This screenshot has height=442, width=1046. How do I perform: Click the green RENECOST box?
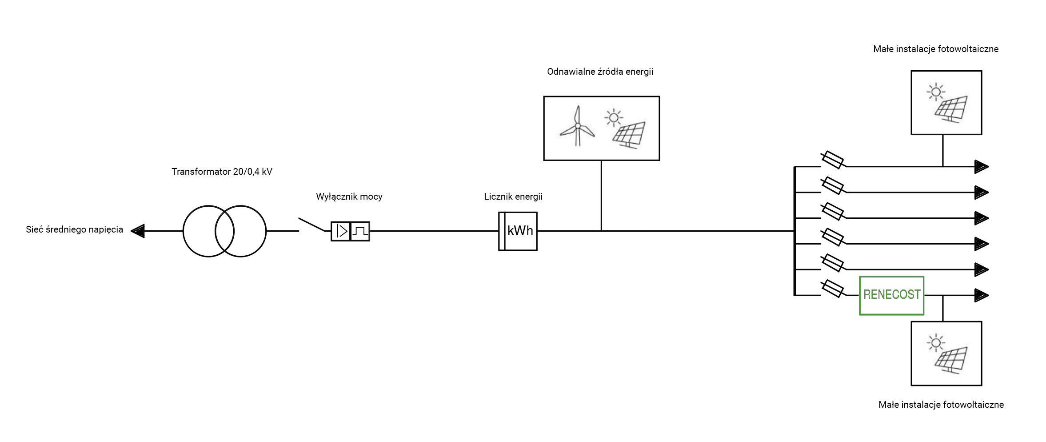pos(891,295)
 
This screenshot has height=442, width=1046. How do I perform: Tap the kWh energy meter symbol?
pos(518,231)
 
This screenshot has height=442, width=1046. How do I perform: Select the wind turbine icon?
pos(577,126)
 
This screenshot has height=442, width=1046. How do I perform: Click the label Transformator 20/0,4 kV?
pos(222,172)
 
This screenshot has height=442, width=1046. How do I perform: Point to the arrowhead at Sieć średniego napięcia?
pos(138,231)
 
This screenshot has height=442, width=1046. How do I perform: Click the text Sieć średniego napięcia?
pos(74,229)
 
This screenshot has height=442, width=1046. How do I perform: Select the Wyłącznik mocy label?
pos(349,197)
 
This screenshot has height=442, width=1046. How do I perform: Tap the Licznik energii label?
pos(513,197)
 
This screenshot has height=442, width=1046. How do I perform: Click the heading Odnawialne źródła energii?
pos(600,72)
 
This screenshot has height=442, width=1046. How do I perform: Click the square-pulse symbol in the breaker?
pos(360,231)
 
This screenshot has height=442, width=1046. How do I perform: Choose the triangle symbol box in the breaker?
pos(341,231)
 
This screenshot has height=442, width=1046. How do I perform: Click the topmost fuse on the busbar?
pos(832,160)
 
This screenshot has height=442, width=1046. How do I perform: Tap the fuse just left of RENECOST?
pos(832,289)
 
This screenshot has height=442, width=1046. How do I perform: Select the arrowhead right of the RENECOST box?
pos(981,295)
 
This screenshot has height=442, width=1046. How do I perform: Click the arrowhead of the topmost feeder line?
pos(981,167)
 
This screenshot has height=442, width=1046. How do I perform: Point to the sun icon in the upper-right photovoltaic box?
pos(935,92)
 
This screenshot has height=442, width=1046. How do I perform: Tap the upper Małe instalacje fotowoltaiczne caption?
pos(935,49)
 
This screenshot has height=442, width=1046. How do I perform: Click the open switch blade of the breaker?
pos(311,225)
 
